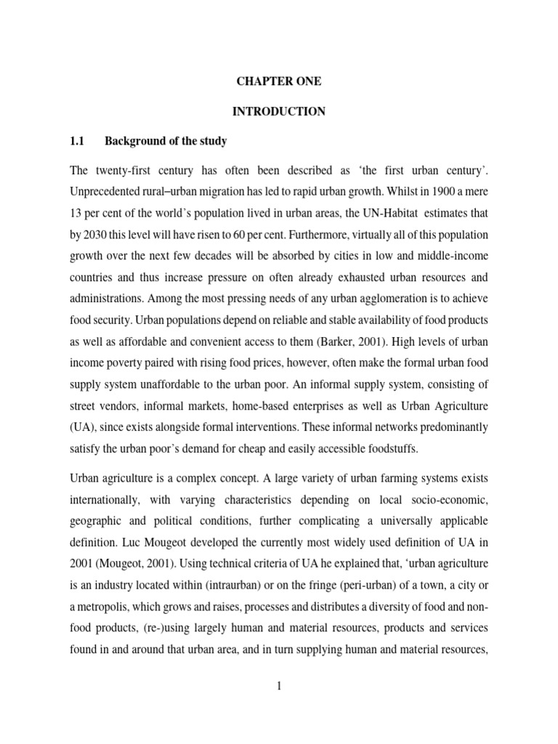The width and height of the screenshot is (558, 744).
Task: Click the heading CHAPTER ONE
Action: coord(278,82)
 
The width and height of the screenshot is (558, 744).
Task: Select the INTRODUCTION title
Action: coord(278,112)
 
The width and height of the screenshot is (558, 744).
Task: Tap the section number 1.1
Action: coord(78,141)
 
